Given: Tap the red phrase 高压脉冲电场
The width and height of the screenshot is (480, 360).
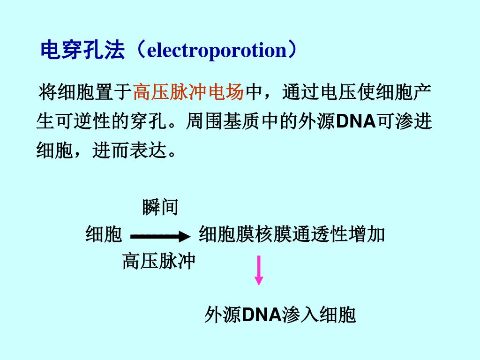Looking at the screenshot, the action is (188, 92).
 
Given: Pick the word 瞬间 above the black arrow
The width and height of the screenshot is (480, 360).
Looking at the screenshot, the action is (160, 207).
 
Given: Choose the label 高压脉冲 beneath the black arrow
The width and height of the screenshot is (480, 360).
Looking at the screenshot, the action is (159, 261).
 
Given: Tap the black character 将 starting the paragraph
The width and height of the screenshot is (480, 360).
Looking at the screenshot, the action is (47, 92).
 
